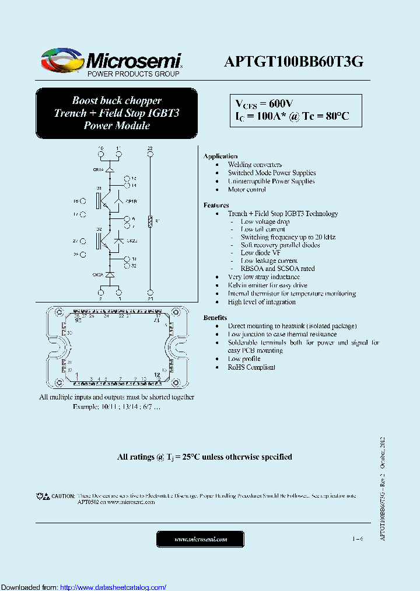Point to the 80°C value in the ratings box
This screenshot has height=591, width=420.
coord(337,116)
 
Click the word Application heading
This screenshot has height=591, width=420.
coord(220,156)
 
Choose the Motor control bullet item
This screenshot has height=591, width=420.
coord(247,189)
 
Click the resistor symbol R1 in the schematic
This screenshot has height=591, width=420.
coord(150,221)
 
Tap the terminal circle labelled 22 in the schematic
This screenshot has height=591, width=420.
coord(150,154)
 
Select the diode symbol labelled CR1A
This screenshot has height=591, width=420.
coord(109,169)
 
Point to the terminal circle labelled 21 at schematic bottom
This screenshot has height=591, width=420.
coord(150,292)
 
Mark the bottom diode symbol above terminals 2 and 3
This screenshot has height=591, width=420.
coord(109,274)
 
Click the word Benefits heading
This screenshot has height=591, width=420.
coord(215,317)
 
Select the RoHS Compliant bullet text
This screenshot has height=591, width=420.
coord(251,367)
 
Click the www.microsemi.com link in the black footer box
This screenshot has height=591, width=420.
coord(200,539)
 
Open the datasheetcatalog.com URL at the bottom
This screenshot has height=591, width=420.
coord(113,587)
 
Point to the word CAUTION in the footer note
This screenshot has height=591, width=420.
coord(63,496)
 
